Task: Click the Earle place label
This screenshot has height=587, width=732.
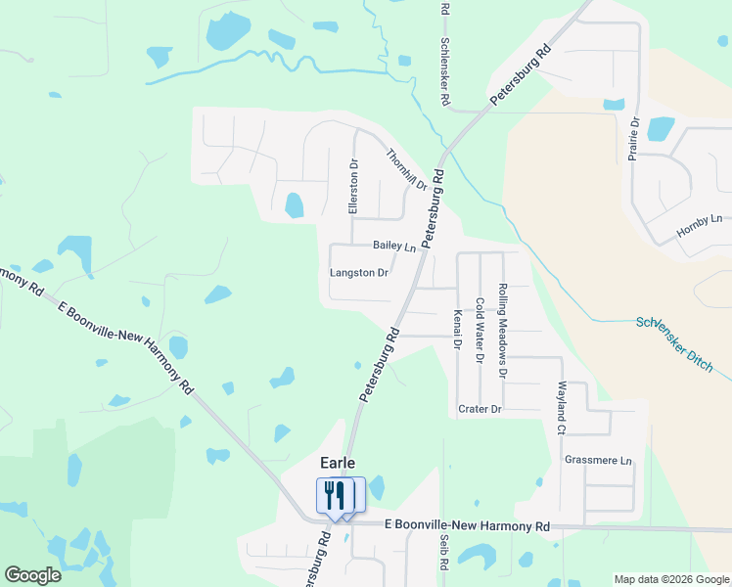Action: tap(336, 463)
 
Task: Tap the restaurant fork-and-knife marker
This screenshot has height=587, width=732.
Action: tap(335, 496)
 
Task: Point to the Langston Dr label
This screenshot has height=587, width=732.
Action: tap(359, 273)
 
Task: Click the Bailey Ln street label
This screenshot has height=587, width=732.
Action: tap(394, 247)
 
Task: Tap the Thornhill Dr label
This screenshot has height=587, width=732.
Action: tap(406, 169)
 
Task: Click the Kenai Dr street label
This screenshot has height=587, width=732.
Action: tap(457, 330)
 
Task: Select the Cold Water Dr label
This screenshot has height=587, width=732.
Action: tap(480, 331)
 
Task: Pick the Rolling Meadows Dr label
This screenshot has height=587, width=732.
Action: tap(503, 331)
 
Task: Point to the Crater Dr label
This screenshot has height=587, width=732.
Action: tap(480, 408)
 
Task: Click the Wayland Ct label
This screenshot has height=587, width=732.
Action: tap(562, 409)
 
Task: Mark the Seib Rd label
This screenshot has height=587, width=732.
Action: tap(443, 553)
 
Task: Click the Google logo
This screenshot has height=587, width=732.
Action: tap(32, 575)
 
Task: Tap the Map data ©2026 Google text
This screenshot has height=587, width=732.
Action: tap(672, 579)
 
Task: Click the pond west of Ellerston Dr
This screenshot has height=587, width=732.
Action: tap(294, 205)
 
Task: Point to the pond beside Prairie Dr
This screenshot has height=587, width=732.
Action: tap(661, 128)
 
